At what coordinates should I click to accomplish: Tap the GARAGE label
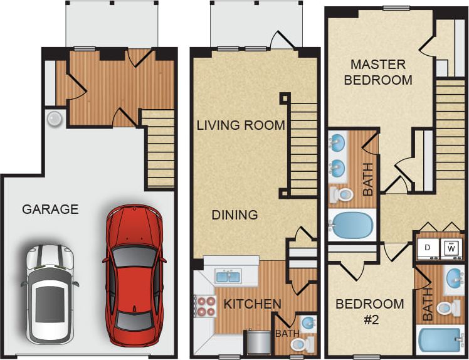pos(50,209)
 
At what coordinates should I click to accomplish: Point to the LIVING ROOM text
pos(241,125)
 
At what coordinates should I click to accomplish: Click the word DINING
pos(234,215)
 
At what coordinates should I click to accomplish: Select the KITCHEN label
pos(252,304)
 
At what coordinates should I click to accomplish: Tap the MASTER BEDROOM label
pos(378,72)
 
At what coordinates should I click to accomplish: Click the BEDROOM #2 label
pos(369,312)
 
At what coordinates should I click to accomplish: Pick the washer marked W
pos(451,248)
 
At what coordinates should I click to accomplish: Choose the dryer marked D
pos(428,248)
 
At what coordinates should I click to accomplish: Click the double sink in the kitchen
pos(228,276)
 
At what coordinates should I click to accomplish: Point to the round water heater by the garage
pos(55,119)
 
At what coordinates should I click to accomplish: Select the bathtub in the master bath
pos(352,225)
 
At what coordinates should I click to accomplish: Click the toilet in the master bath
pos(342,194)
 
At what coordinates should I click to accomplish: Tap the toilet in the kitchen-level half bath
pos(302,344)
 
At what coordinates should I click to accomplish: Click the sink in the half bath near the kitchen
pos(308,324)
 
